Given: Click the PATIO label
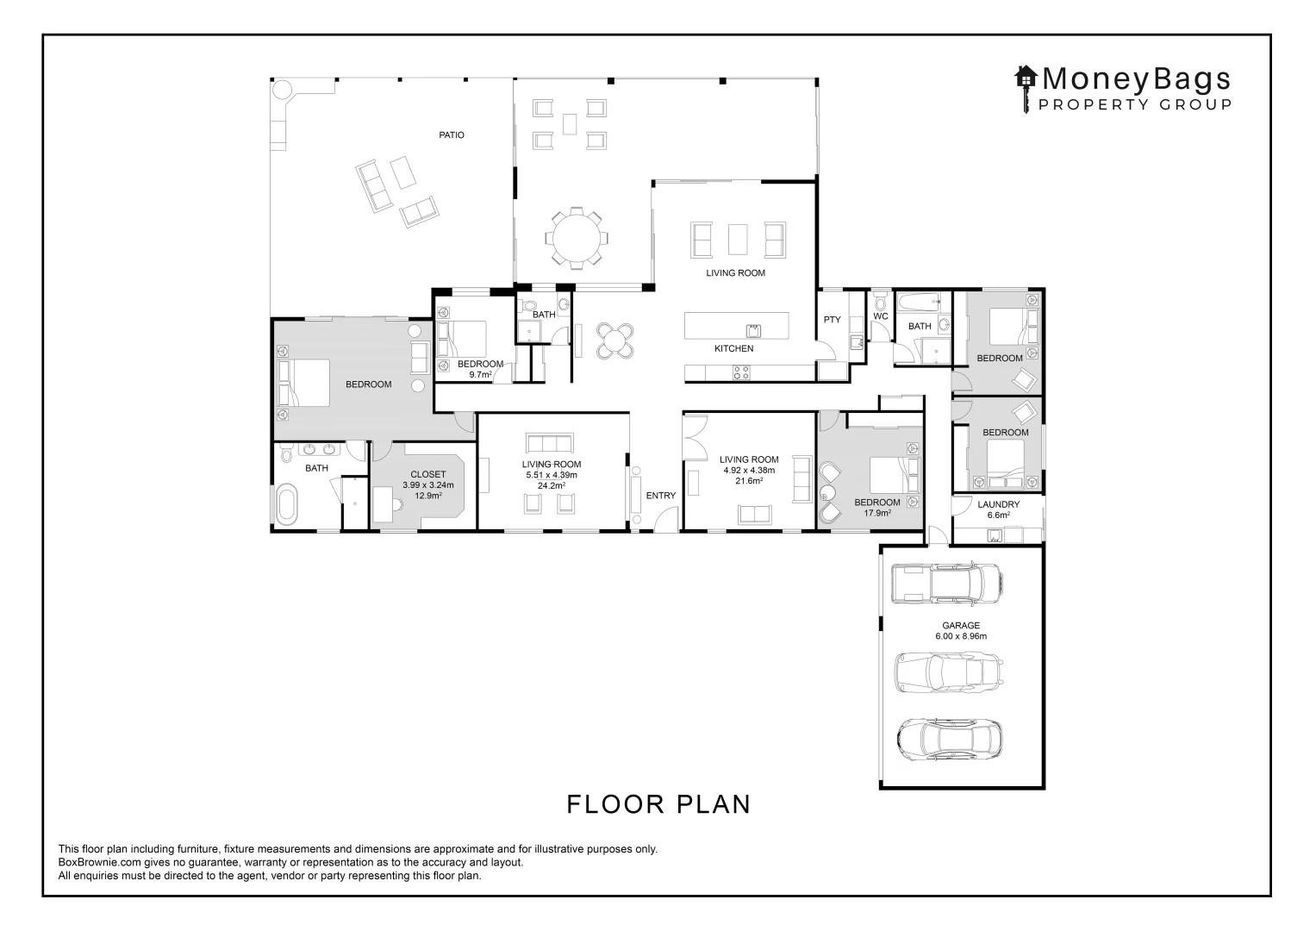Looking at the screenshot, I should pos(451,134).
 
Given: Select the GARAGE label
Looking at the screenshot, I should pos(960,626).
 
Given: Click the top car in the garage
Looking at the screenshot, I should pos(945,584).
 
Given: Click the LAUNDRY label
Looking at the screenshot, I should pos(998,504).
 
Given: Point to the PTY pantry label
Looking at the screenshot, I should pos(832,320).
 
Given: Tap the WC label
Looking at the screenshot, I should pos(880,316).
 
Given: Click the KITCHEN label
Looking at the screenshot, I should pos(733,348).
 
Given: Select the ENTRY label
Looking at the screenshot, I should pos(660,495).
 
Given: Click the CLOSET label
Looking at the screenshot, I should pos(427,474).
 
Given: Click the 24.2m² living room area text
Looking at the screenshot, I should pos(552,486).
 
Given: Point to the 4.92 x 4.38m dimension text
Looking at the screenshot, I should pos(749,471).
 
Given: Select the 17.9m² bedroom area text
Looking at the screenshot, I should pos(876,513).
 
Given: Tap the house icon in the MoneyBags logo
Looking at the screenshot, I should pos(1026,78).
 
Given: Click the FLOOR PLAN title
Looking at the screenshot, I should pos(658,803).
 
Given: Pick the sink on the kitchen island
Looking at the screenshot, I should pos(752,329).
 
